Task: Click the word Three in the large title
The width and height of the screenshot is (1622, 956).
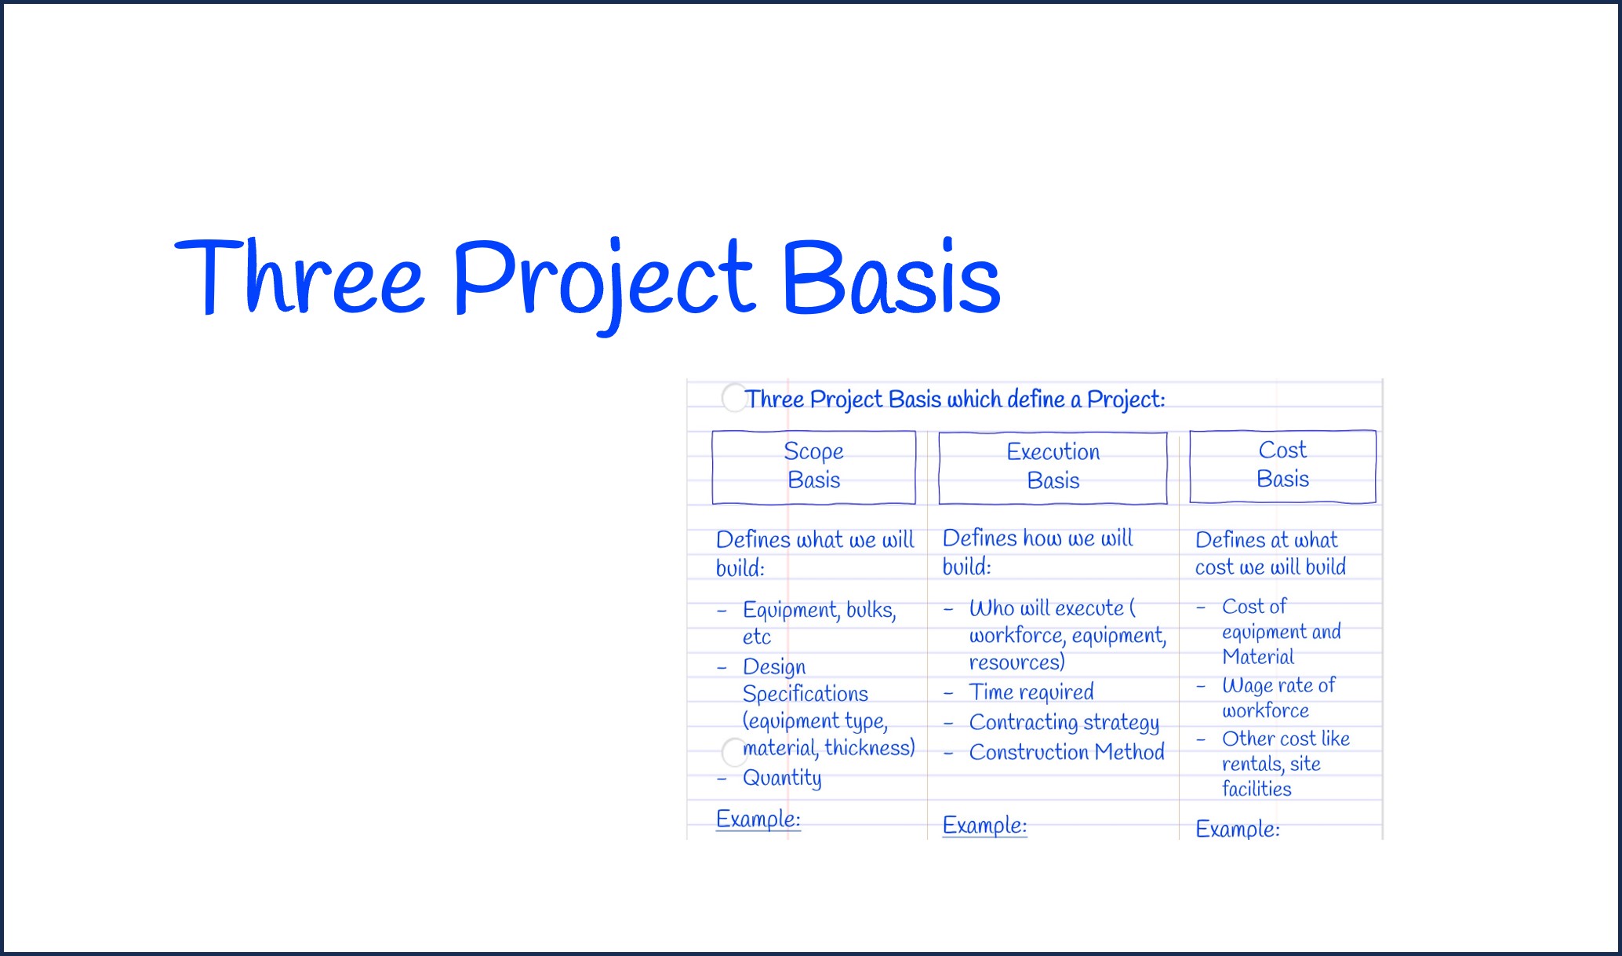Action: [x=298, y=279]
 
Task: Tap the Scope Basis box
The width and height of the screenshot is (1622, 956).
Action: [x=813, y=466]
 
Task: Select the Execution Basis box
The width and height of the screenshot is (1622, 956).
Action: [x=1053, y=467]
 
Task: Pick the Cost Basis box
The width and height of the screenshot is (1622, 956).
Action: [x=1282, y=465]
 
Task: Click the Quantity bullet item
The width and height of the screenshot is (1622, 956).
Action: [x=782, y=778]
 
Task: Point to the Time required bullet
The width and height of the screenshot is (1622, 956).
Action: [x=1031, y=692]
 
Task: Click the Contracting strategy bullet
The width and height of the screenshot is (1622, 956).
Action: [x=1064, y=722]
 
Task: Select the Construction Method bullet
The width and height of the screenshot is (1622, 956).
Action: [x=1067, y=752]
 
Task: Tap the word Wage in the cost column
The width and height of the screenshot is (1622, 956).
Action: [x=1247, y=686]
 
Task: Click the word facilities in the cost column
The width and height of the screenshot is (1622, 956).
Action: [x=1257, y=789]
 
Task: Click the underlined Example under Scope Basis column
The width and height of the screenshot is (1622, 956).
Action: [x=758, y=819]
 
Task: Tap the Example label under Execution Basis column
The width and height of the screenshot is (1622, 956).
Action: [x=984, y=826]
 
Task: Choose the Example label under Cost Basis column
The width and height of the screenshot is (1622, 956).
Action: [x=1237, y=829]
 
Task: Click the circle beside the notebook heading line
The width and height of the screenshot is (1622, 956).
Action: [x=734, y=397]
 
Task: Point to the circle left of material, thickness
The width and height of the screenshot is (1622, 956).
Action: [x=734, y=752]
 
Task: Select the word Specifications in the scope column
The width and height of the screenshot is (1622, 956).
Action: [x=805, y=694]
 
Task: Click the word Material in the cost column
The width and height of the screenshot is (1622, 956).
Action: [x=1257, y=657]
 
